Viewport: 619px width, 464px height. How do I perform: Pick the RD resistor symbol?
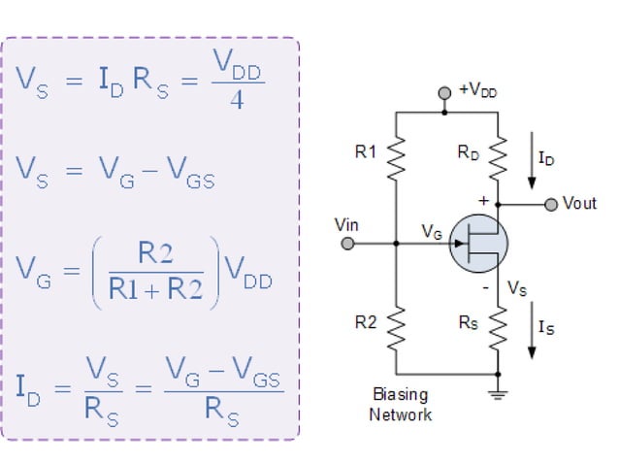coord(497,155)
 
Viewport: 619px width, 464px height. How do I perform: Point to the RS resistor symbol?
coord(497,329)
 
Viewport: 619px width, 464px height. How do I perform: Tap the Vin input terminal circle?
coord(347,244)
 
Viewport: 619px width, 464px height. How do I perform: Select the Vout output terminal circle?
coord(551,204)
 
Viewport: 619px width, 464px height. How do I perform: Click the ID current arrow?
coord(531,167)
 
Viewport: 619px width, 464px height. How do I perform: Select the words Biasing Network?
coord(400,405)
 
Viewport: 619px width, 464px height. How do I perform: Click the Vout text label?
coord(579,204)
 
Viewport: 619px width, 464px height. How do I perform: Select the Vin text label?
coord(346,225)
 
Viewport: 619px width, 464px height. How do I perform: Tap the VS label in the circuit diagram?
coord(518,289)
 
